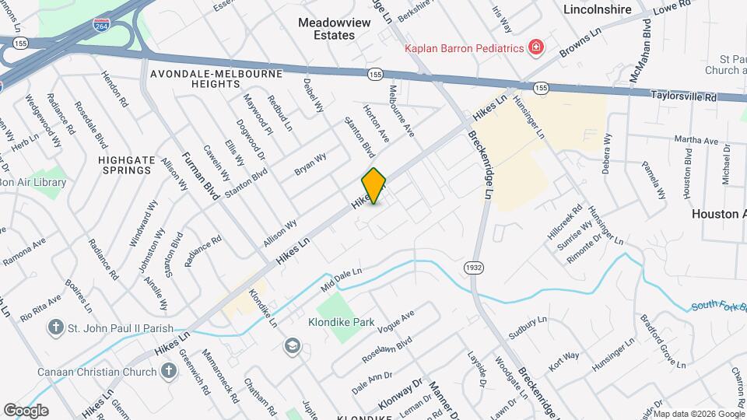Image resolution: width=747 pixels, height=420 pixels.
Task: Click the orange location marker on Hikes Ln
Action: click(374, 185)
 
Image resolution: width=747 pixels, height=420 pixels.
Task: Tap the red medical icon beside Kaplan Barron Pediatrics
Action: click(535, 48)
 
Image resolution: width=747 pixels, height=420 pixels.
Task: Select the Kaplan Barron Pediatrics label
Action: click(463, 48)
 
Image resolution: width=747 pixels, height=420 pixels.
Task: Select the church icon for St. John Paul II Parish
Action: click(55, 327)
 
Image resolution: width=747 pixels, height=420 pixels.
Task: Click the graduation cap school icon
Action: click(293, 345)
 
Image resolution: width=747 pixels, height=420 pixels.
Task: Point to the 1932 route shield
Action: click(472, 267)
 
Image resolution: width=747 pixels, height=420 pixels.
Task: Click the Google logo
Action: click(26, 410)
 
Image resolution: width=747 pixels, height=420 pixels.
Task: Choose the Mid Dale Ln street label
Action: click(342, 281)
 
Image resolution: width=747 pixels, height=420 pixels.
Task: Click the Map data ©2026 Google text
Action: click(700, 413)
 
